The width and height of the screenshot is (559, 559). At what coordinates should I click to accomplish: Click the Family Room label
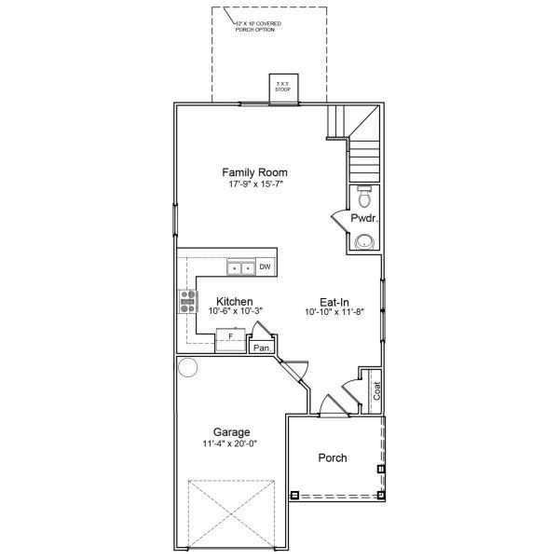pos(253,172)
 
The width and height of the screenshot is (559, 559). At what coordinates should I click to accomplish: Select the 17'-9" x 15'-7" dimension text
pos(253,184)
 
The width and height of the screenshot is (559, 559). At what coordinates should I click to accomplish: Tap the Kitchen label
pos(235,302)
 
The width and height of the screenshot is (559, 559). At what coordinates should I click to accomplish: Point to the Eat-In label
pos(334,302)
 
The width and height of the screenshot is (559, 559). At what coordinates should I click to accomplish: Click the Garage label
pos(230,432)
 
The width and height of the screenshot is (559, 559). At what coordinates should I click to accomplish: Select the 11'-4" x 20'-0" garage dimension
pos(230,443)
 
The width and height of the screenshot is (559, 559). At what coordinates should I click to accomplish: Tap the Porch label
pos(333,457)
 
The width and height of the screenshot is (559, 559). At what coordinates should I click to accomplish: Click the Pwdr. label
pos(362,218)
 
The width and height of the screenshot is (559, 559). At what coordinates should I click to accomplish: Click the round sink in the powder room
pos(364,241)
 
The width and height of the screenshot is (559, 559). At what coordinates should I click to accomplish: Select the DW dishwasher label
pos(266,268)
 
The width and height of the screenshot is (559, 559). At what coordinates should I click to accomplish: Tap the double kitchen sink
pos(241,268)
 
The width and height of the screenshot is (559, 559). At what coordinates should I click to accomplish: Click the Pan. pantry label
pos(262,348)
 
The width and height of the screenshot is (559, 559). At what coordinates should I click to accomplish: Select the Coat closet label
pos(376,392)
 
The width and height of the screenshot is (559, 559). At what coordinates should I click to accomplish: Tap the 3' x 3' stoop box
pos(280,86)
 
